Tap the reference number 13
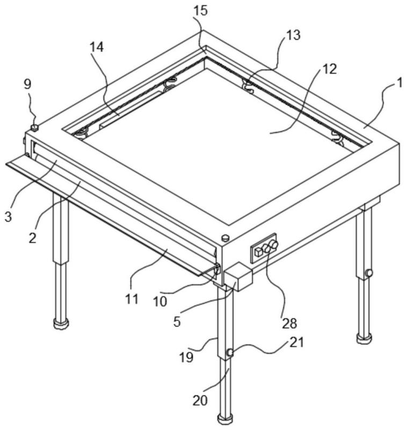coord(293,35)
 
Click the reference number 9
coord(27,84)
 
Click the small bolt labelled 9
coord(34,127)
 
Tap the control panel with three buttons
coord(264,248)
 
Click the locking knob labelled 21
coord(229,353)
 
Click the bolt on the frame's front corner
coord(225,237)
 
